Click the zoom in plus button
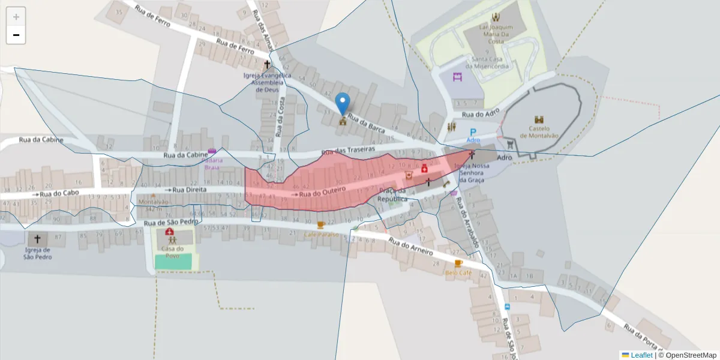16,17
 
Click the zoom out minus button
16,35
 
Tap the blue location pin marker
343,103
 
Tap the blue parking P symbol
473,131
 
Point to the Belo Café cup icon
458,263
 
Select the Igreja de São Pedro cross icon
38,239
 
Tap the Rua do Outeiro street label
323,192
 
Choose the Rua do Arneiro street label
410,247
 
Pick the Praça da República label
392,194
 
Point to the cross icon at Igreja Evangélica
267,64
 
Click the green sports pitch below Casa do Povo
173,262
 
